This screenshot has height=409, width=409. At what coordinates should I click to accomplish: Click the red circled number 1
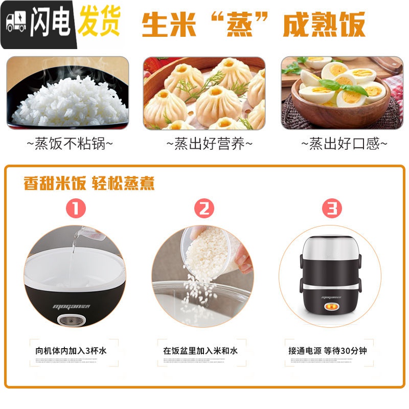coord(75,208)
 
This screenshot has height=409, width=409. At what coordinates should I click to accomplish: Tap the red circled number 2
coord(204,208)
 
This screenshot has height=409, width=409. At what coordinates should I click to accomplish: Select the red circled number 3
coord(332,208)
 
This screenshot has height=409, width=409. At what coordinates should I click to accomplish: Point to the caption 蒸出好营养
coord(210,144)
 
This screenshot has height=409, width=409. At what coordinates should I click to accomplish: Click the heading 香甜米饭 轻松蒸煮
coord(89,184)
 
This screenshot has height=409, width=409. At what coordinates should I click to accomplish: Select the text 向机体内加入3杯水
coord(71,351)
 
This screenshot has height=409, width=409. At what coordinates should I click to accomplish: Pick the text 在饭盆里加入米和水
coord(200,351)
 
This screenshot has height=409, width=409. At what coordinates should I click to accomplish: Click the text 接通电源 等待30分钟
coord(328,351)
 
